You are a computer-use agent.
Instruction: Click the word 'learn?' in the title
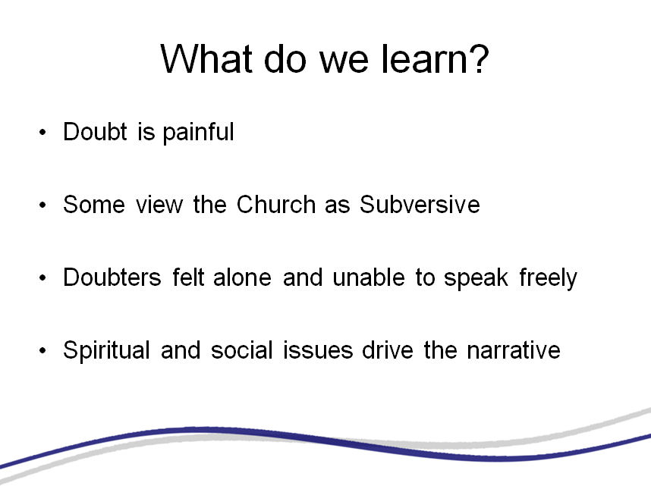coord(435,58)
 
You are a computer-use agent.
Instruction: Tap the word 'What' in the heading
coord(206,58)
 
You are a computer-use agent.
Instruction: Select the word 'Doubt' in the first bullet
coord(95,132)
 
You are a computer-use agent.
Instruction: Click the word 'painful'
coord(198,133)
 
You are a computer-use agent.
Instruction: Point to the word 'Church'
coord(276,205)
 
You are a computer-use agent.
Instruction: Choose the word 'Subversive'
coord(420,205)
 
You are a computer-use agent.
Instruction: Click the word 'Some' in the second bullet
coord(94,205)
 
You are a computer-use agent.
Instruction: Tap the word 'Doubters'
coord(112,277)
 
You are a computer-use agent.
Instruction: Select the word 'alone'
coord(243,277)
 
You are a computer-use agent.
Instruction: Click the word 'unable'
coord(369,277)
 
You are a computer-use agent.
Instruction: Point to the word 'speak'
coord(476,278)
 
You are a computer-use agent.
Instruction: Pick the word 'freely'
coord(548,278)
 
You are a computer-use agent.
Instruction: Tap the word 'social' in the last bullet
coord(241,350)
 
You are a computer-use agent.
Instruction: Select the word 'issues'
coord(318,350)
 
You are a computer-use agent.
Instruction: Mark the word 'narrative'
coord(514,350)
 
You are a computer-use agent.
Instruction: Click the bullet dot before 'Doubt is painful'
coord(42,133)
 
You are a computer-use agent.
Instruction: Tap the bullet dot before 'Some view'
coord(42,205)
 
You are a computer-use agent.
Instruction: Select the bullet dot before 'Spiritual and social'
coord(42,351)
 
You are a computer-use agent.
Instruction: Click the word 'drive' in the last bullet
coord(388,350)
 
